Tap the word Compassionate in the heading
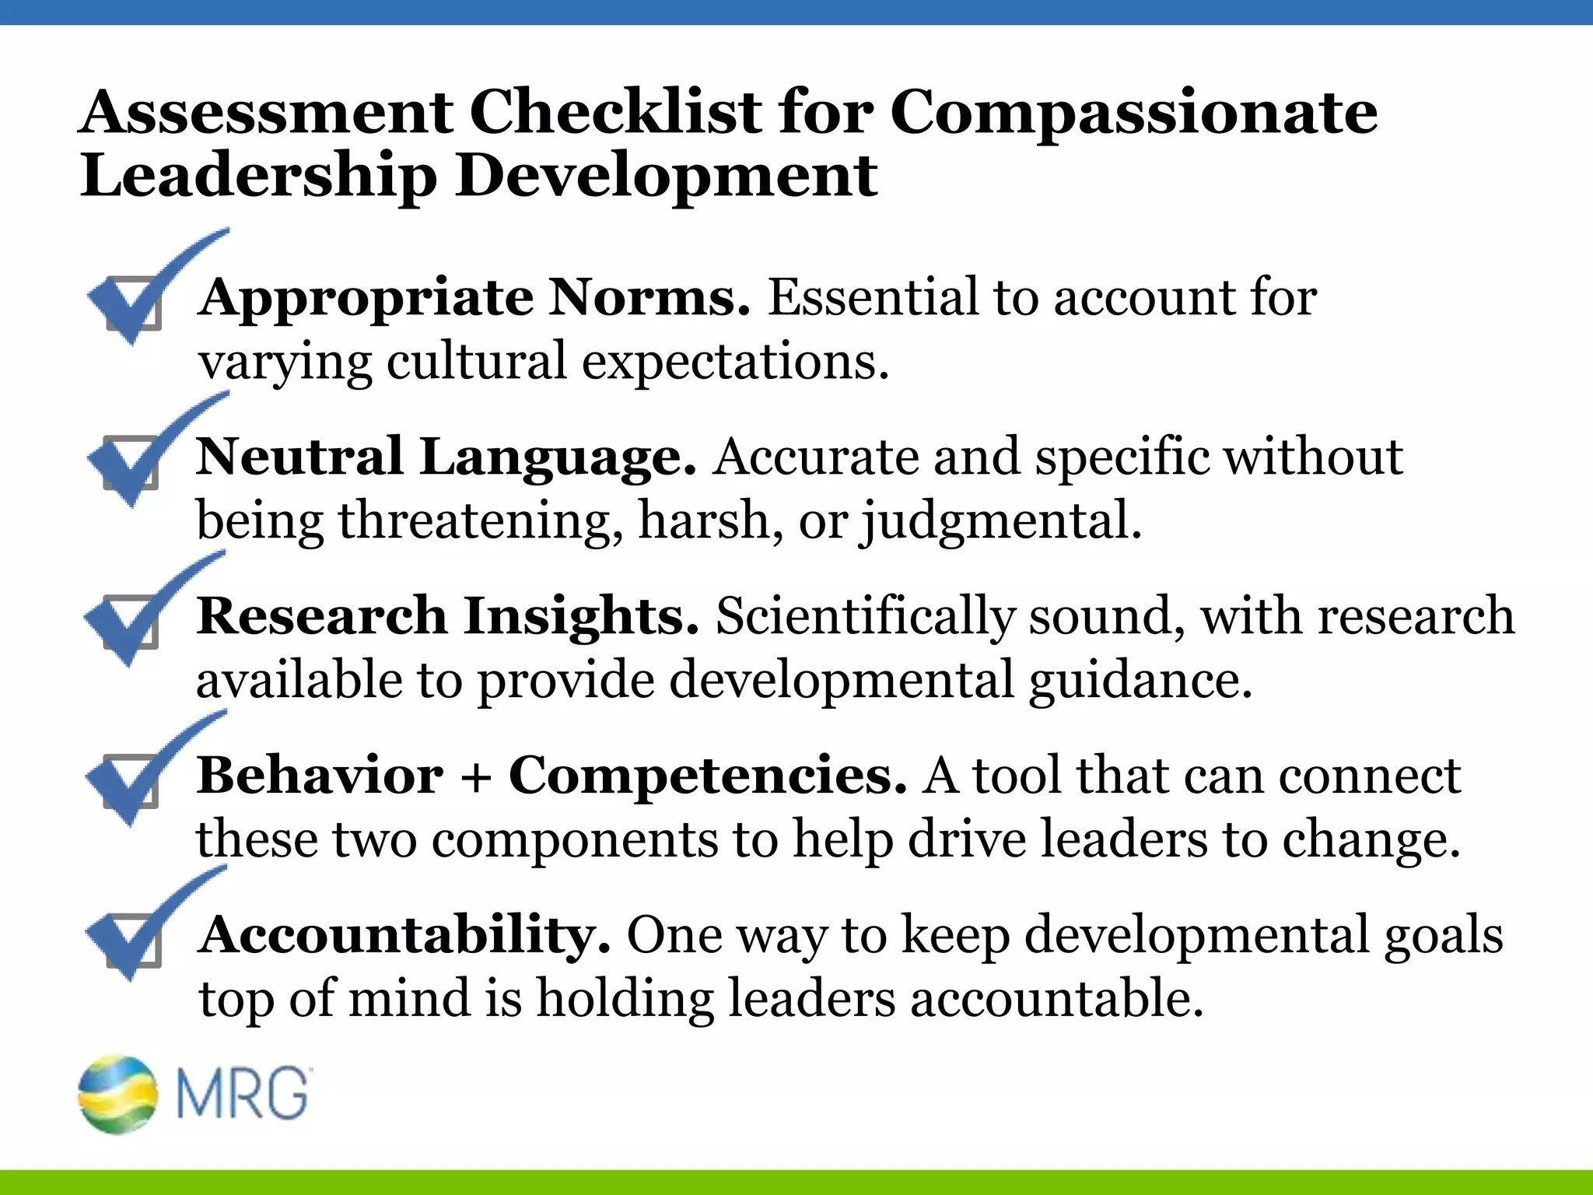click(x=1133, y=114)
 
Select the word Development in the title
click(x=667, y=177)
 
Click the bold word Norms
click(x=649, y=297)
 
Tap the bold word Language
click(x=558, y=457)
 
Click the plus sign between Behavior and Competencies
click(x=476, y=777)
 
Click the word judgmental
click(x=1000, y=521)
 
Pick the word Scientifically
click(x=864, y=616)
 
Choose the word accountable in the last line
click(x=1057, y=999)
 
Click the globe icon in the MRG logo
click(x=117, y=1094)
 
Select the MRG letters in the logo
click(x=243, y=1094)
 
